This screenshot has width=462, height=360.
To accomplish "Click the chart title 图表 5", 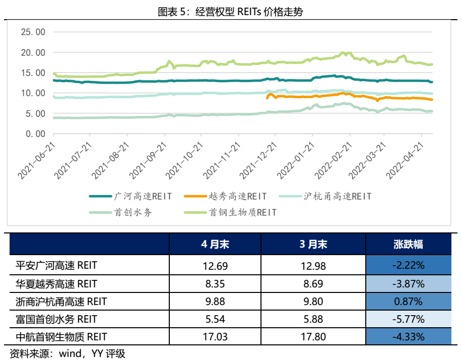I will (x=230, y=11).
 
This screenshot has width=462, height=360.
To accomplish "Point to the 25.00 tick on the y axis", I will (x=33, y=32).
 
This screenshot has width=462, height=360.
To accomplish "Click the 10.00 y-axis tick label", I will (x=33, y=93).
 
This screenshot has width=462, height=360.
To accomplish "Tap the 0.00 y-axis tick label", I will (x=35, y=134).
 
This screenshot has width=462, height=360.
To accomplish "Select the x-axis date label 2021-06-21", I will (x=36, y=160).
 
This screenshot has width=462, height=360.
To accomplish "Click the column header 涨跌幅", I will (x=408, y=245).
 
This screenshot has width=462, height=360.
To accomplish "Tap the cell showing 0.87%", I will (x=408, y=302).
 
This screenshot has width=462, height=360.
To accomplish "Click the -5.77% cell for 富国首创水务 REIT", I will (x=408, y=319).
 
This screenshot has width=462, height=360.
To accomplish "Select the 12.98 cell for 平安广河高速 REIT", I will (x=313, y=265).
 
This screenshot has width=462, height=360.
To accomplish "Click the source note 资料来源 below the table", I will (x=68, y=353).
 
